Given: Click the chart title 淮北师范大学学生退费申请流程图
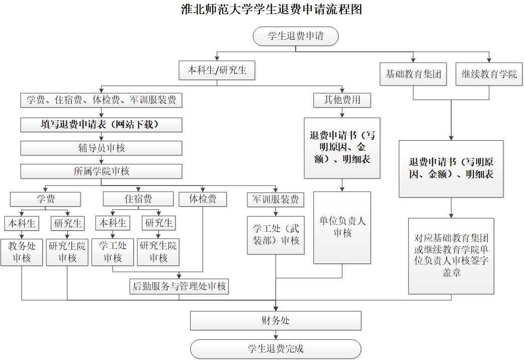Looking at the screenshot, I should [272, 9].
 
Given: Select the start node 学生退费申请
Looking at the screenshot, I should [296, 36].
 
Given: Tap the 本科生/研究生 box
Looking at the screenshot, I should [217, 70].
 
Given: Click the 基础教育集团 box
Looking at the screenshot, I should [413, 74].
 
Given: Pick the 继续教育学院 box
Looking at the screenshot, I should [489, 74].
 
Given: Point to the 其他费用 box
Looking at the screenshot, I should [342, 100].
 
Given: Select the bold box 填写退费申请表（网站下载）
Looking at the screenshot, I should [101, 125].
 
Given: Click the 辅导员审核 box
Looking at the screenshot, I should [101, 148].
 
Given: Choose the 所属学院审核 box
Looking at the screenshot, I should [101, 171].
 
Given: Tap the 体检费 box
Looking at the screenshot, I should [203, 199].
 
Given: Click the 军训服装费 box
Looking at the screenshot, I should [276, 200].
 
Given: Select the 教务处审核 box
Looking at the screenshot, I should [22, 252].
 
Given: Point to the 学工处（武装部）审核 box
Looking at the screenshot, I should [276, 235].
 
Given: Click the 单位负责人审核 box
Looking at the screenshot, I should [342, 227].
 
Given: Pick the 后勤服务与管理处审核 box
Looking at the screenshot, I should [179, 287].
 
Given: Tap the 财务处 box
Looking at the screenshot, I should [276, 320].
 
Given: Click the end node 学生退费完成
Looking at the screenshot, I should [276, 348].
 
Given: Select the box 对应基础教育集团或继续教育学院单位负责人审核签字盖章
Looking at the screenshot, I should [451, 255].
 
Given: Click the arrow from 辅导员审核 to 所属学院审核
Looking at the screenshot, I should [101, 159].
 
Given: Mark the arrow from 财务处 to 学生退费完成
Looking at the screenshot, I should [276, 334].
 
